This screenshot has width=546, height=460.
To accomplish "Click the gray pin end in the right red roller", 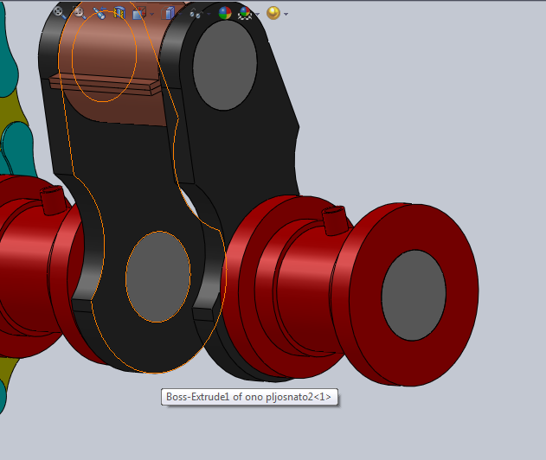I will pyautogui.click(x=414, y=294).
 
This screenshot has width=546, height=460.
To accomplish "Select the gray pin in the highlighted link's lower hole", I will pyautogui.click(x=157, y=276).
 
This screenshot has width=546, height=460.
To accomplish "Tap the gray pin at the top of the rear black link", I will pyautogui.click(x=224, y=64).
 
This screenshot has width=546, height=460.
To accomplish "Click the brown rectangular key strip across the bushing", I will pyautogui.click(x=104, y=84).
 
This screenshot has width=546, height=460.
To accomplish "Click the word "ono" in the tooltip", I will pyautogui.click(x=252, y=398).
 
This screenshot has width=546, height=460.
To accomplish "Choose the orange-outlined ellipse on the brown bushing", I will pyautogui.click(x=104, y=56).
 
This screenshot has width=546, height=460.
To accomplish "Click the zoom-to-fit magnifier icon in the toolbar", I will pyautogui.click(x=60, y=12).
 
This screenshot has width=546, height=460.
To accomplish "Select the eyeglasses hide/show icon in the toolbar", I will pyautogui.click(x=196, y=13).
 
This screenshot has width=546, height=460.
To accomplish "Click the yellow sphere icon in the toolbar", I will pyautogui.click(x=273, y=13).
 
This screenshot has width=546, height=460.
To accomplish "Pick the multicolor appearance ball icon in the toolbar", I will pyautogui.click(x=225, y=13).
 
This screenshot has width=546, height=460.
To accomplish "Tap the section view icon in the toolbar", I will pyautogui.click(x=119, y=13).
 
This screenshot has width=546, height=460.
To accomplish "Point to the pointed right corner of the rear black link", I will pyautogui.click(x=299, y=129).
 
